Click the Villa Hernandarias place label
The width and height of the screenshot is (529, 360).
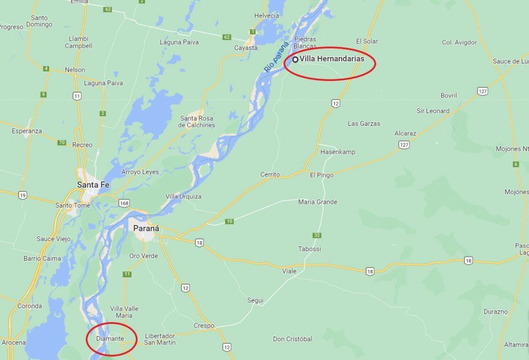tap(332, 59)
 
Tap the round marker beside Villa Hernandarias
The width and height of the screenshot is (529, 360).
tap(295, 59)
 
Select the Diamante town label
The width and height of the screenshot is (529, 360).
tap(110, 339)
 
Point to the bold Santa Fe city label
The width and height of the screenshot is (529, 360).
tap(94, 185)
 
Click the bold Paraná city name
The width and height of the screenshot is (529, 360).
tap(146, 228)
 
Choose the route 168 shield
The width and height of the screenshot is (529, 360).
tap(124, 203)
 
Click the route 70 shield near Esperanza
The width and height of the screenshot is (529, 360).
tap(62, 142)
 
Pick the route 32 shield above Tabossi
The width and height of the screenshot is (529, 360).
tap(317, 235)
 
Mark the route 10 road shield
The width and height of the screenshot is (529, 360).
tap(229, 221)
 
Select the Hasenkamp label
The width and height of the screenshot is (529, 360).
tap(338, 152)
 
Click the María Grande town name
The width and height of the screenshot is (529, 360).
tap(318, 202)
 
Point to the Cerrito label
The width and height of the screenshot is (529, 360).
tap(270, 174)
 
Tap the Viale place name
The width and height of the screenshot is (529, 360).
tap(289, 271)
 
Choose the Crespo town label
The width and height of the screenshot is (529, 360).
tap(204, 325)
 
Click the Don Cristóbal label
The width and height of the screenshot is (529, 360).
tap(292, 339)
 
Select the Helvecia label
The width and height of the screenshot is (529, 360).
tap(267, 16)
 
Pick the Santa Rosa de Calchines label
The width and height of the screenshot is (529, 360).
tap(197, 122)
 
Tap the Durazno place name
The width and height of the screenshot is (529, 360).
tap(495, 311)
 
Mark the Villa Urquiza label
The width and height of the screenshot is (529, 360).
tap(183, 196)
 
